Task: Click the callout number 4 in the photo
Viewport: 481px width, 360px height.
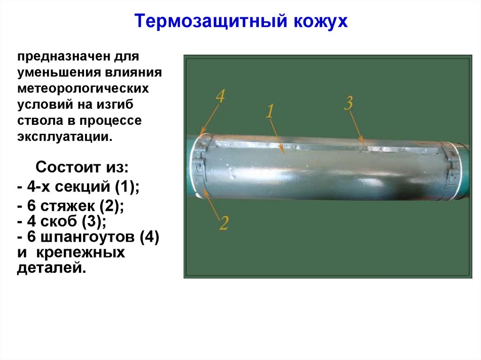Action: [220, 97]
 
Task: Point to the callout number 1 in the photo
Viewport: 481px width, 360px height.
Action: [270, 111]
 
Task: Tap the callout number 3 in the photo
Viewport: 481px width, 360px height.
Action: [348, 103]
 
